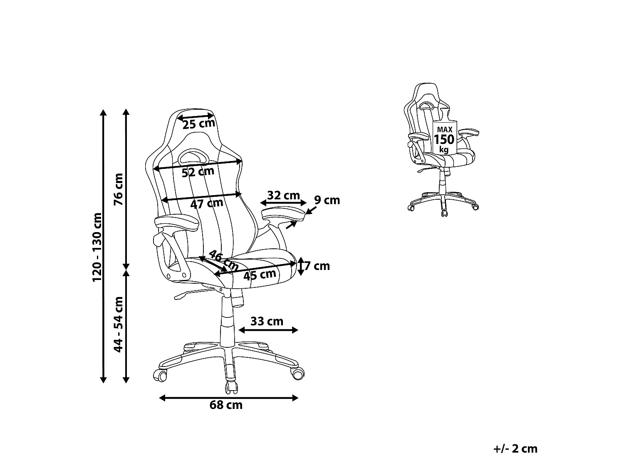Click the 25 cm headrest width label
(x=199, y=124)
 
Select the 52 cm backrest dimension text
(x=198, y=172)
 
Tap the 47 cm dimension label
(x=207, y=204)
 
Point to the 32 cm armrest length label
(x=283, y=196)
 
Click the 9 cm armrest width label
(x=327, y=201)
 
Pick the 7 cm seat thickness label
(x=317, y=266)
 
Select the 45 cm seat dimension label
(x=260, y=275)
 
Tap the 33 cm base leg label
(x=267, y=322)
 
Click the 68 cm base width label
(x=226, y=405)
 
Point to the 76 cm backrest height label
(x=118, y=189)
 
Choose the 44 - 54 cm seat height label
(x=118, y=324)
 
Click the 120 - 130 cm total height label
(x=97, y=247)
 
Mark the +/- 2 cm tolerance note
(x=515, y=449)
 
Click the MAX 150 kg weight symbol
(x=445, y=132)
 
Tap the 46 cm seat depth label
(x=223, y=261)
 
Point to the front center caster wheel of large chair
(x=231, y=388)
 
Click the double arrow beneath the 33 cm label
(x=268, y=330)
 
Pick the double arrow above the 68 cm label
(x=228, y=398)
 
